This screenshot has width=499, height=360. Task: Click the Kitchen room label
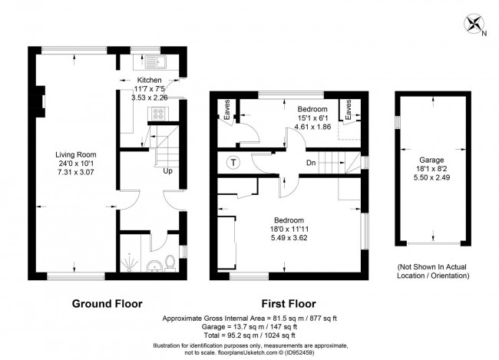point(149,80)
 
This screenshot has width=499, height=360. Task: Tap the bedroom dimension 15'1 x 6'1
point(312,118)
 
